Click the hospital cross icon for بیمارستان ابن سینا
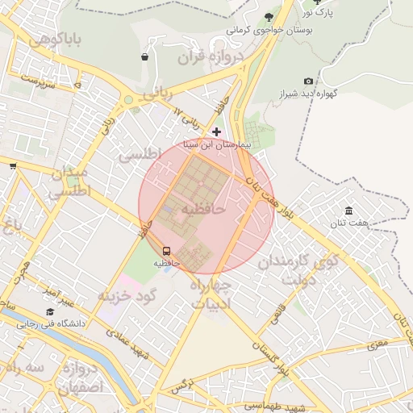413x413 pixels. point(216,131)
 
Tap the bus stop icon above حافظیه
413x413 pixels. point(167,251)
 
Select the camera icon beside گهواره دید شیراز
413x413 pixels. point(308,81)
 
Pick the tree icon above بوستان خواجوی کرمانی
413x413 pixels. point(269,16)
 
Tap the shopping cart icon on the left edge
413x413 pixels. point(13,166)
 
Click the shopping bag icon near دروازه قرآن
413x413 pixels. point(144,57)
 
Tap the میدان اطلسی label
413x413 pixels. point(69,183)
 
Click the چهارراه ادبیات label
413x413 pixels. point(211,295)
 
